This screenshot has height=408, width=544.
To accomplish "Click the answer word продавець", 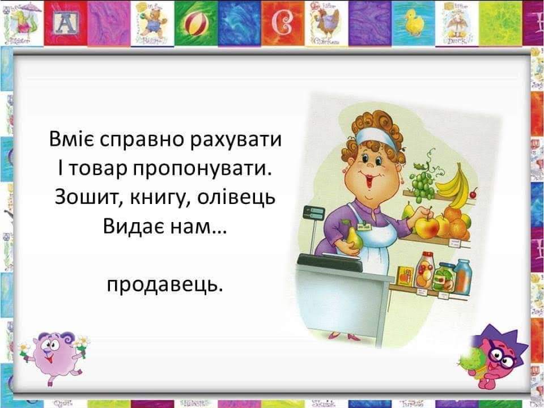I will point(165,283).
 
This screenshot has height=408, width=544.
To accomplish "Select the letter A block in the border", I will point(66,23).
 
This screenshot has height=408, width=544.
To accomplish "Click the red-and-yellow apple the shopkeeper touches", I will point(427,227).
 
